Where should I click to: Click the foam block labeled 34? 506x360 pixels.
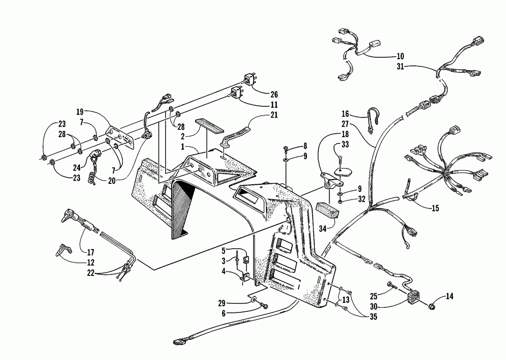(326, 209)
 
